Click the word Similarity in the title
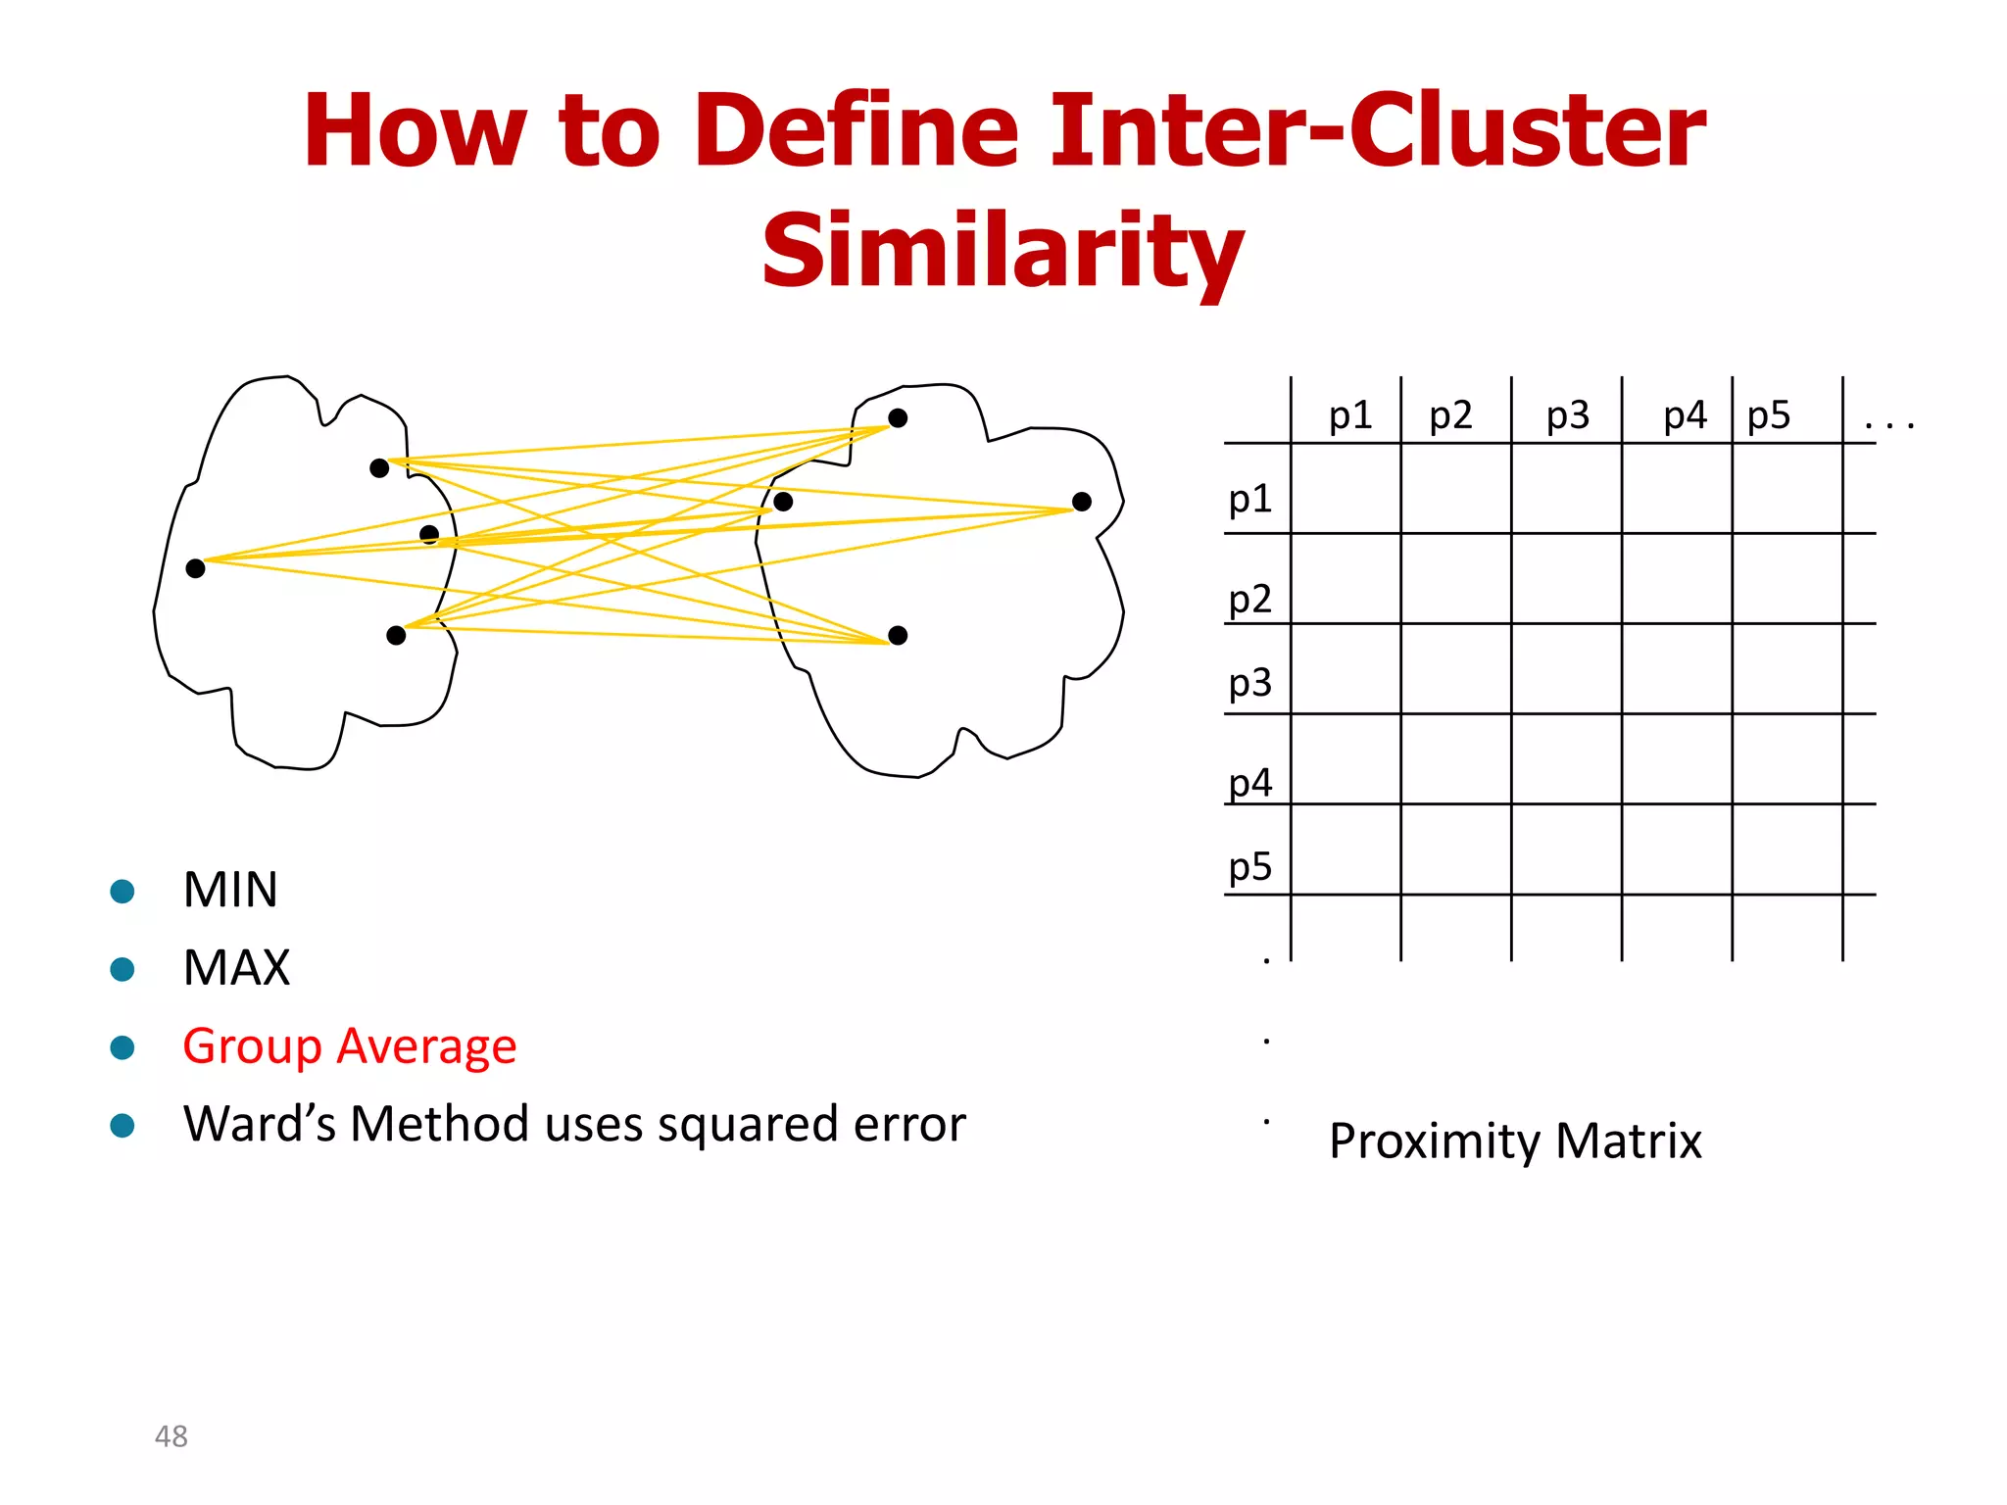click(1003, 251)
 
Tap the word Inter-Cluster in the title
click(1377, 130)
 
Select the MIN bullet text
click(230, 891)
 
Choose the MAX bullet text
click(236, 968)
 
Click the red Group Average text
click(349, 1046)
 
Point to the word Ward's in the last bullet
click(260, 1124)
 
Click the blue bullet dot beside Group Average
click(122, 1047)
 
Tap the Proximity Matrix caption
click(1514, 1141)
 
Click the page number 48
click(171, 1436)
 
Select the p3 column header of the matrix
click(1567, 416)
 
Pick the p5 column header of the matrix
click(1768, 416)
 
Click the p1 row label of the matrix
click(1249, 500)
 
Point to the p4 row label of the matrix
click(1249, 783)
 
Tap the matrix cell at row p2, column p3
click(1566, 579)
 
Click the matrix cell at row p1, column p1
click(1346, 489)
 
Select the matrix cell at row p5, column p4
click(1677, 850)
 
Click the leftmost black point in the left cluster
click(195, 568)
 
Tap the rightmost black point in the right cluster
click(1082, 502)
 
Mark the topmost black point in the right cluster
click(898, 418)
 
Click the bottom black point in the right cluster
click(898, 636)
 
